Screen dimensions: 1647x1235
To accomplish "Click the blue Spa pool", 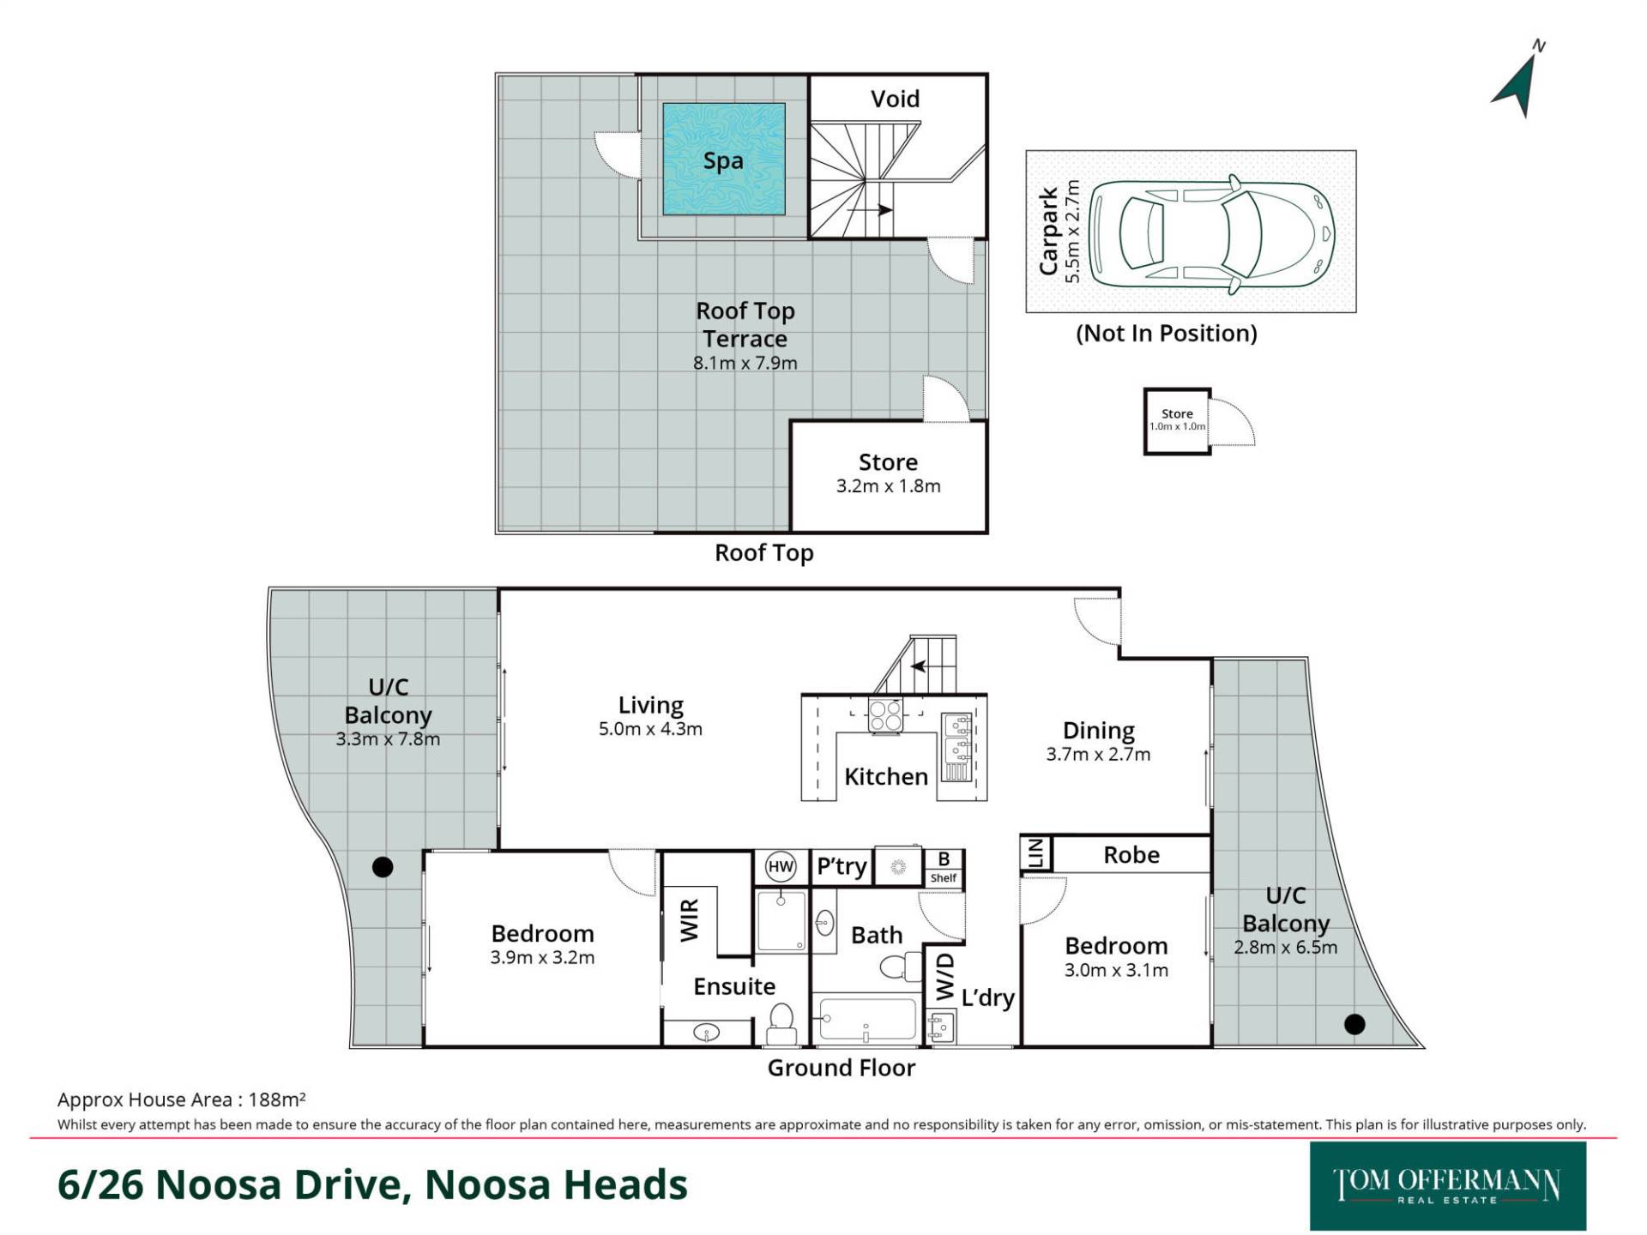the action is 723,159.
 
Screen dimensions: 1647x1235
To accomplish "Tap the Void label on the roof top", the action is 895,99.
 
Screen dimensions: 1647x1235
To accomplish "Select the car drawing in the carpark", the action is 1211,232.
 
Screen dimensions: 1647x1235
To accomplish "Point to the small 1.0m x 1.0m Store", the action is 1177,420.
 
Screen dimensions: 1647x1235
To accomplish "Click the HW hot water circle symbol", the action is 781,866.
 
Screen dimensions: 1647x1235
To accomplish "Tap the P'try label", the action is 842,866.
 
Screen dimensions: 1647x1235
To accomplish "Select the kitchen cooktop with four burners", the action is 885,715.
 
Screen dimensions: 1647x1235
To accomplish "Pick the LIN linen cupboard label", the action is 1035,852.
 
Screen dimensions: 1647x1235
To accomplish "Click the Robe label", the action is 1131,854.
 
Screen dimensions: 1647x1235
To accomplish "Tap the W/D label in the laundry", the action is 944,976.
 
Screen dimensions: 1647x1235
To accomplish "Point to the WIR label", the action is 690,920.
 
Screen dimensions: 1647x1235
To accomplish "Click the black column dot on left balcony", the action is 383,867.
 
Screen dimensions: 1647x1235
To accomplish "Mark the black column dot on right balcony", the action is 1354,1023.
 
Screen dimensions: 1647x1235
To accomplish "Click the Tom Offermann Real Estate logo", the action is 1447,1186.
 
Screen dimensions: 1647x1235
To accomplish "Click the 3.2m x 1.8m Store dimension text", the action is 889,486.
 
